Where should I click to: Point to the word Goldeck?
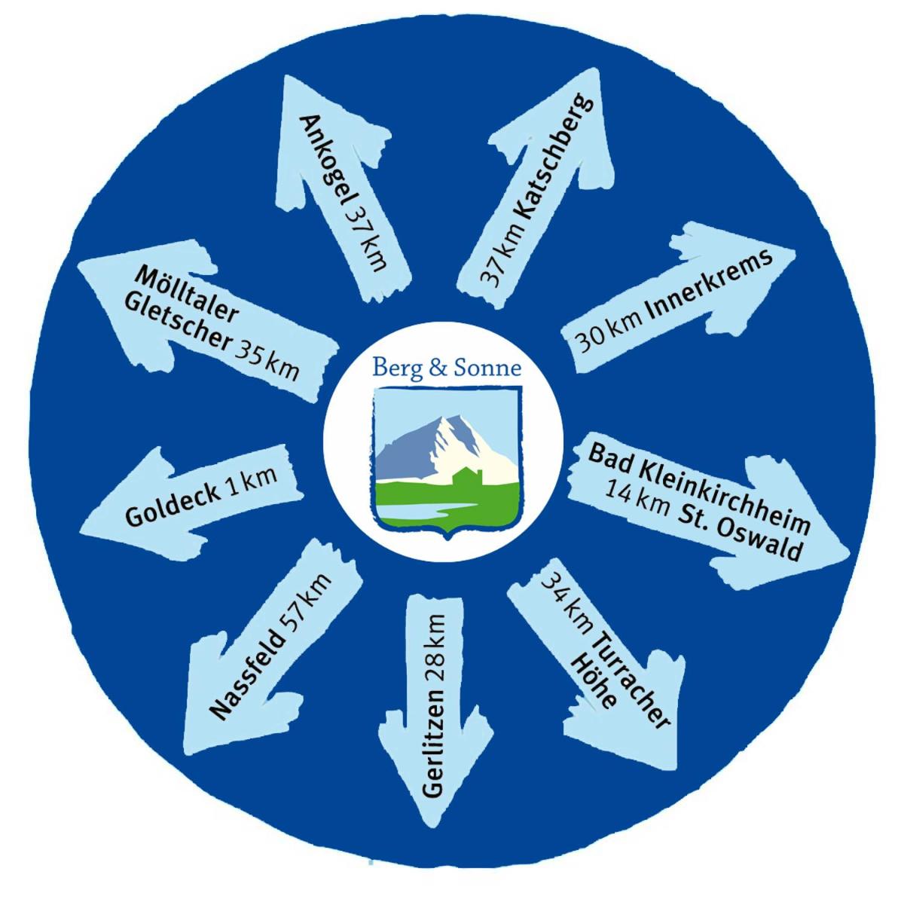point(173,507)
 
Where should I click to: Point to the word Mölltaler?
point(188,295)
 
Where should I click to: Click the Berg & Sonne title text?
point(447,368)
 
